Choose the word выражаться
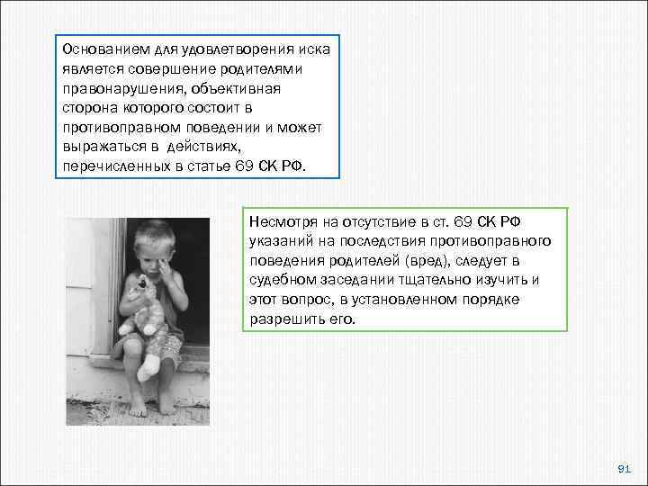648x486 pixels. [x=96, y=148]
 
